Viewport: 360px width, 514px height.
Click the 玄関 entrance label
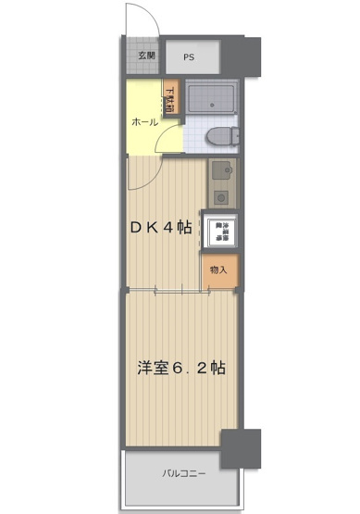[x=147, y=56]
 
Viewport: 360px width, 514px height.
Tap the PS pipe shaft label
[x=189, y=57]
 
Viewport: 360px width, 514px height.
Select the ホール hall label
[x=143, y=122]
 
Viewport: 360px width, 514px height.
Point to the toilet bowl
[x=217, y=137]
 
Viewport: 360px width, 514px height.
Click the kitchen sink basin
[x=219, y=171]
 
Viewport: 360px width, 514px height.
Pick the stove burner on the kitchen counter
[x=219, y=195]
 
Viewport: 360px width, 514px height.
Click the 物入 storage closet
[x=220, y=270]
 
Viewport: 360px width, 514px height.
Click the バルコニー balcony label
[x=185, y=473]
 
